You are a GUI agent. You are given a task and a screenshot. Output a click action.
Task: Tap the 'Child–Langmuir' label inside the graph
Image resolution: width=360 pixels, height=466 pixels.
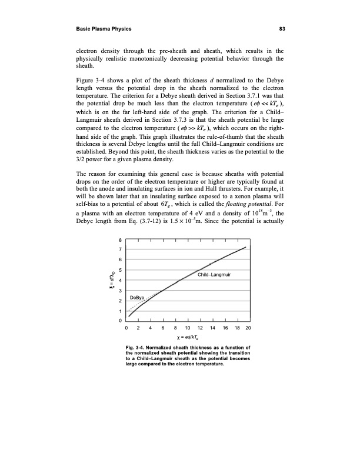214,275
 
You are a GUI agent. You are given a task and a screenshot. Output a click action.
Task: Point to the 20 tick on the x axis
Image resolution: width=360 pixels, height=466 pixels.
248,328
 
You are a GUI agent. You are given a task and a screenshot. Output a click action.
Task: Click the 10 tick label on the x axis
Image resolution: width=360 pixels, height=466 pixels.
188,328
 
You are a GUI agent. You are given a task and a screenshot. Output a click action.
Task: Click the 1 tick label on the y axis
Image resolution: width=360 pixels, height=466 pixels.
121,310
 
